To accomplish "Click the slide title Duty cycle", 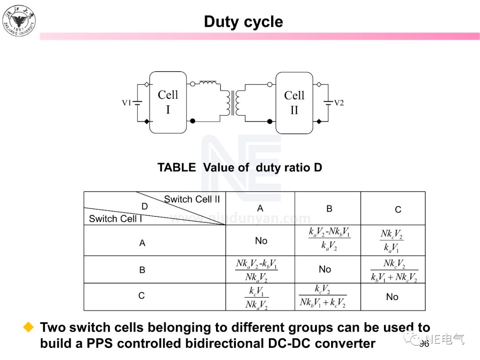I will (243, 22).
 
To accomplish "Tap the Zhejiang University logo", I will (19, 20).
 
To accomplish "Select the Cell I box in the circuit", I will (168, 102).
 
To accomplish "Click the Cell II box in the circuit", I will (294, 103).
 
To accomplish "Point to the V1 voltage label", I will (127, 103).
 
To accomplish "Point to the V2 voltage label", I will (339, 103).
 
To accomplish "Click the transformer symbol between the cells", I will (232, 103).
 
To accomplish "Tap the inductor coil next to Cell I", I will (208, 83).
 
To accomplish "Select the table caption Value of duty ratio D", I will (240, 168).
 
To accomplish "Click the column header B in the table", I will (329, 208).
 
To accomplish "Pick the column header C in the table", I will (398, 209).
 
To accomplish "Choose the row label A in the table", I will (142, 243).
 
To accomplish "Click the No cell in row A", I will (261, 241).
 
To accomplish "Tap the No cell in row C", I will (392, 297).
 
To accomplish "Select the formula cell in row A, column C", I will (392, 240).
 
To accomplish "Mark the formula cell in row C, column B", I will (323, 296).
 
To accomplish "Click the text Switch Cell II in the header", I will (192, 199).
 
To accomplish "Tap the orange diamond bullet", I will (29, 328).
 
